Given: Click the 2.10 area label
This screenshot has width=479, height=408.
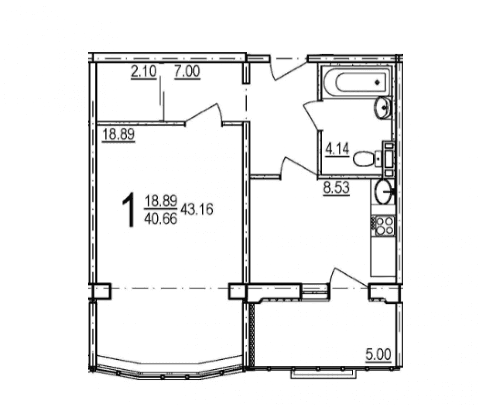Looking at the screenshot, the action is (143, 72).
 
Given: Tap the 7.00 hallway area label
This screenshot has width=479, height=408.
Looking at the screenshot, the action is (187, 72).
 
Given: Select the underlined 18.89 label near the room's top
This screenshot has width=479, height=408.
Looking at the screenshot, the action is (118, 134).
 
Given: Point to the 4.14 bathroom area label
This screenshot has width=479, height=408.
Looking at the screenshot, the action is (337, 150).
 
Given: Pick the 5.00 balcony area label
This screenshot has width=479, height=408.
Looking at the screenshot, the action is (378, 355).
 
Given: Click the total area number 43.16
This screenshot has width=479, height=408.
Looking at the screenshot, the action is (197, 209).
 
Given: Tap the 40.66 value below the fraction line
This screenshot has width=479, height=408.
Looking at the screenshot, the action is (161, 218).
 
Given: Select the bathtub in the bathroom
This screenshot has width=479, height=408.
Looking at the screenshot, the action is (356, 81).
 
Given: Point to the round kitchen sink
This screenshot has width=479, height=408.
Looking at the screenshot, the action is (384, 192).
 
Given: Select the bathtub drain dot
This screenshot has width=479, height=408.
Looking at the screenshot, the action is (377, 82).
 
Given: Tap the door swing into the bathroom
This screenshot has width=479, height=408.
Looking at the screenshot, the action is (311, 116).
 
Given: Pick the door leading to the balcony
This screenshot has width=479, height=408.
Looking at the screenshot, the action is (348, 278).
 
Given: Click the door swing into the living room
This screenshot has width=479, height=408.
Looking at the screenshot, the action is (203, 114).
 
